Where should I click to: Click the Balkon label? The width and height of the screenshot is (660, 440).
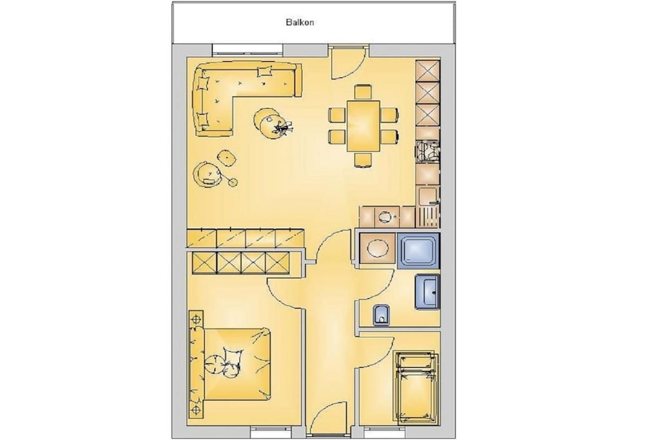pyautogui.click(x=300, y=23)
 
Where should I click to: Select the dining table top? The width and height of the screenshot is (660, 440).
pyautogui.click(x=363, y=126)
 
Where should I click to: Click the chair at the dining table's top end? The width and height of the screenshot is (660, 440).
pyautogui.click(x=363, y=92)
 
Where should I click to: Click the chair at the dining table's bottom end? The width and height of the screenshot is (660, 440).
pyautogui.click(x=363, y=160)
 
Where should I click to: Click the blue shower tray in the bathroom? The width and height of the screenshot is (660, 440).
pyautogui.click(x=418, y=251)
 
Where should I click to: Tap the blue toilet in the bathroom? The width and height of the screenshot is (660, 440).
pyautogui.click(x=382, y=315)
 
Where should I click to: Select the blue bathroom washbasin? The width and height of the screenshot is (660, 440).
pyautogui.click(x=428, y=292)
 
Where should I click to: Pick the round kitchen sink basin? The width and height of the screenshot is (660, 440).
pyautogui.click(x=385, y=217)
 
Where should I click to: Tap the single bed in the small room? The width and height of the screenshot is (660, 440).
pyautogui.click(x=416, y=387)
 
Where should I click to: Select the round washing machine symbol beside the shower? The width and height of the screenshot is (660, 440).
pyautogui.click(x=378, y=249)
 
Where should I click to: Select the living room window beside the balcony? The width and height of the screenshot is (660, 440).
pyautogui.click(x=247, y=50)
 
